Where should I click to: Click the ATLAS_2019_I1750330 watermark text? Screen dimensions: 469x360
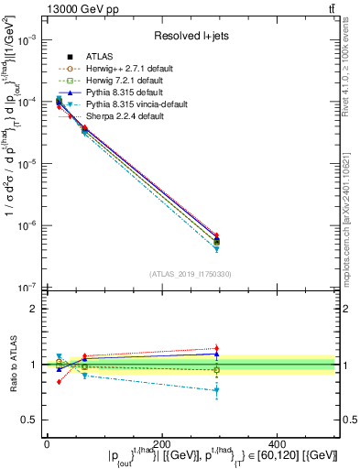pos(191,274)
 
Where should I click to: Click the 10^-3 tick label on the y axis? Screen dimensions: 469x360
pos(26,40)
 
